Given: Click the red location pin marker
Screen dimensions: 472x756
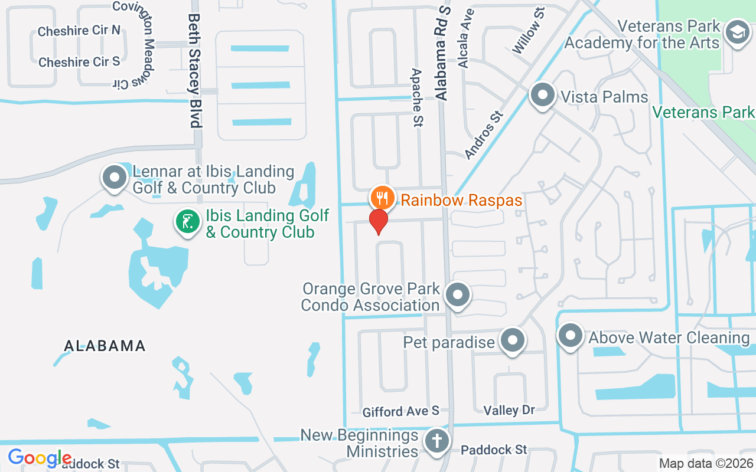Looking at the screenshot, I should [379, 221].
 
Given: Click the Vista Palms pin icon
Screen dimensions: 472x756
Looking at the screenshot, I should [542, 95].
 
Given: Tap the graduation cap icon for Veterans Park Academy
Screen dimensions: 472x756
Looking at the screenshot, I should [737, 31].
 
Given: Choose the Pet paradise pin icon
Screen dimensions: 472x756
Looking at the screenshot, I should [512, 340].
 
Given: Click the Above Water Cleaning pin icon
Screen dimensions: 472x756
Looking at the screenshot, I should [571, 336].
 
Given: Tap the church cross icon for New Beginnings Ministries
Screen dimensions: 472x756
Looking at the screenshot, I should [438, 441].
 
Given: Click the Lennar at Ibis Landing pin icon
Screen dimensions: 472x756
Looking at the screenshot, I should [114, 177].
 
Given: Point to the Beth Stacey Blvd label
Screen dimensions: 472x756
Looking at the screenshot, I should [194, 71].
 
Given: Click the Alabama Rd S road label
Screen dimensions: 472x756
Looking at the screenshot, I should [443, 53].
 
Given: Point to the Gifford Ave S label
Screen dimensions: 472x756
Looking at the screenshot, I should [401, 411].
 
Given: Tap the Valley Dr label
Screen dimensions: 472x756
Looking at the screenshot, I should [509, 411].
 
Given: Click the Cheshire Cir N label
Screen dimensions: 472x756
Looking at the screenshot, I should [79, 31].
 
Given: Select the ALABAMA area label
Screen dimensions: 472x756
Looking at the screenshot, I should [105, 346].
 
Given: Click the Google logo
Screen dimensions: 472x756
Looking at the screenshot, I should [40, 458].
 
